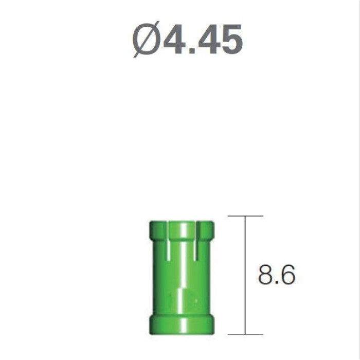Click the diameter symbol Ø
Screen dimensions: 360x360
[146, 39]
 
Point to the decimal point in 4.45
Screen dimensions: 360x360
[192, 50]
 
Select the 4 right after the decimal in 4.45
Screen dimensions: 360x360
[208, 39]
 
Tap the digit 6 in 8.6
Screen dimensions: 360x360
[288, 275]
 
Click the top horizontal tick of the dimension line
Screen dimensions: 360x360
[245, 216]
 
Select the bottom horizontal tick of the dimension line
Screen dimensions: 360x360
[245, 334]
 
